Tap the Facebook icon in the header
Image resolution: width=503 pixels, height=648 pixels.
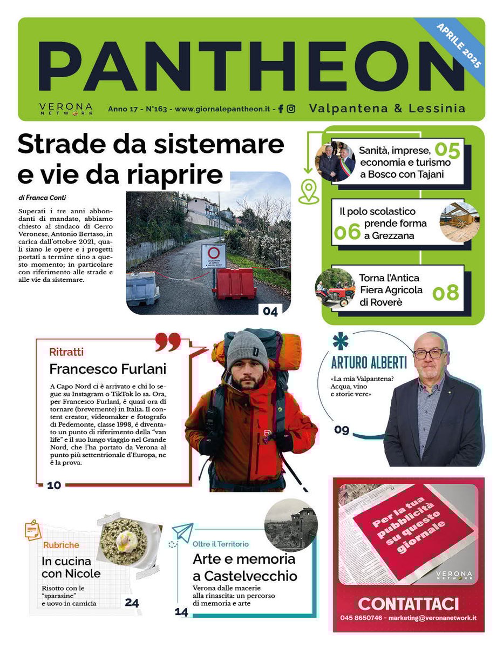point(281,109)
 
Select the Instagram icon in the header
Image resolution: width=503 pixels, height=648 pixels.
point(291,109)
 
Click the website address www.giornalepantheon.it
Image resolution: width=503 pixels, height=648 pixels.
point(222,109)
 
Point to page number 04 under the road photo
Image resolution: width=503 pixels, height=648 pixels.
point(270,311)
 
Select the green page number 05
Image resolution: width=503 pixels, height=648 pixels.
point(447,151)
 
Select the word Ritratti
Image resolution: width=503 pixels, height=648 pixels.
point(66,352)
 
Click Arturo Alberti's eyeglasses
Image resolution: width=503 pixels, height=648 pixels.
point(429,354)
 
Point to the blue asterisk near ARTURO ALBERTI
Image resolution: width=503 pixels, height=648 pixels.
point(340,341)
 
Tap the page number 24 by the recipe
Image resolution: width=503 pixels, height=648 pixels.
point(132,603)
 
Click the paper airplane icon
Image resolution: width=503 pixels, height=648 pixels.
point(183,532)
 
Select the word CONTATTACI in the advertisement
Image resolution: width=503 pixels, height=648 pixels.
point(409,603)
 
